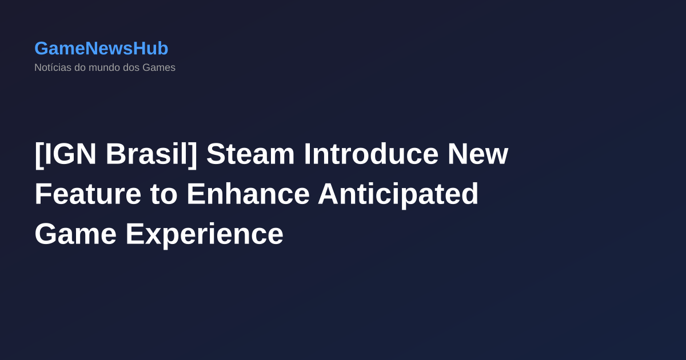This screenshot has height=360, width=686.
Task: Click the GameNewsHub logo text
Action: click(x=101, y=49)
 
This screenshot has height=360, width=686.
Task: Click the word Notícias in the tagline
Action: click(x=53, y=67)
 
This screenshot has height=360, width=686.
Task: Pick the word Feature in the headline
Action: click(x=87, y=194)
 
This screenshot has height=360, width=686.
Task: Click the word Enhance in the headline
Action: click(x=248, y=194)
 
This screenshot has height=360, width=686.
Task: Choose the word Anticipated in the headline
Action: click(x=398, y=194)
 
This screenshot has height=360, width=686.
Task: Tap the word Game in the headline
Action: click(x=75, y=234)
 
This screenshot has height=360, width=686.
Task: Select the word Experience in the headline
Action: click(x=205, y=234)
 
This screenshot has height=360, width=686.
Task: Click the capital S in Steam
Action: click(x=214, y=154)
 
